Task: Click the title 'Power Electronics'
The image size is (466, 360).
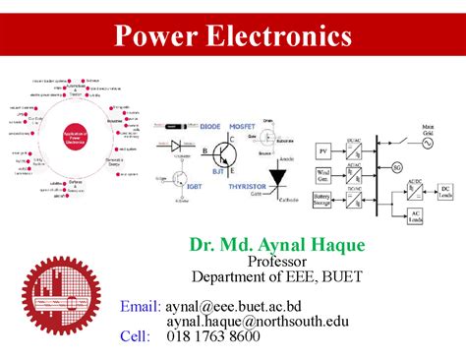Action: point(233,36)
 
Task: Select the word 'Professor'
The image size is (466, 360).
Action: point(278,262)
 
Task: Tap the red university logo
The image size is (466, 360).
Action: point(62,296)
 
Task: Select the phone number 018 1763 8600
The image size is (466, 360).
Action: point(213,336)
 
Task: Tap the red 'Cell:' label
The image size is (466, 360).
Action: point(137,336)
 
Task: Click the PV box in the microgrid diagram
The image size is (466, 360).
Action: point(322,150)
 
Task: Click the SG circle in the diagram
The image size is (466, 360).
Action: point(397,168)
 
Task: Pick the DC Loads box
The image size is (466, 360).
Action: point(445,192)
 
